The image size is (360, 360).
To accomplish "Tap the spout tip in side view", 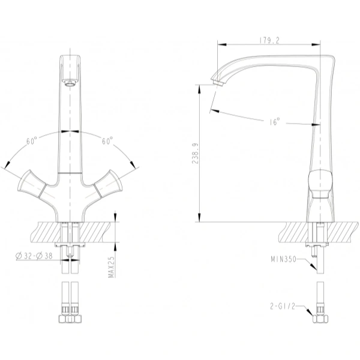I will [x=218, y=79].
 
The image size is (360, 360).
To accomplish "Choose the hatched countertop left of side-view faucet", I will [x=294, y=230].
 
